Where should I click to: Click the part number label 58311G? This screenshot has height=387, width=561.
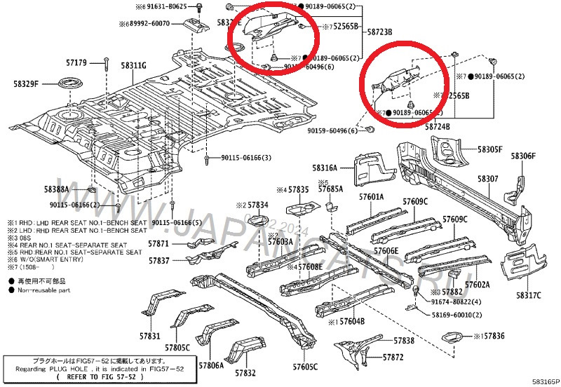[133, 66]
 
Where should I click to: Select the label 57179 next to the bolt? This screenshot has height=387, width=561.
[74, 63]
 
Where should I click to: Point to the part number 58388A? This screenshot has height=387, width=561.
[56, 189]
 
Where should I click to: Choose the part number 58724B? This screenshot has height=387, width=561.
[437, 126]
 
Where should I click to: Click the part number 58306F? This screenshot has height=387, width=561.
[523, 156]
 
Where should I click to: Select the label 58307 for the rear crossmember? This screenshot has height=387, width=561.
[488, 179]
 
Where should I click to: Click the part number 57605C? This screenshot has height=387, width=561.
[305, 367]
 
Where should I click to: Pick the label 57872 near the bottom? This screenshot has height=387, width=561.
[393, 358]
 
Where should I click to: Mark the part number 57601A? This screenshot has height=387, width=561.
[372, 198]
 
